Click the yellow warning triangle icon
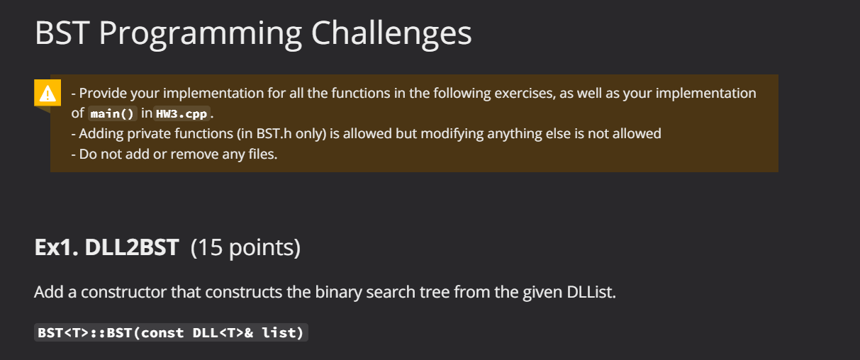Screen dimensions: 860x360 tap(48, 93)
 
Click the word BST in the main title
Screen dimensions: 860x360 tap(62, 33)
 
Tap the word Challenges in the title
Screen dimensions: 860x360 tap(391, 34)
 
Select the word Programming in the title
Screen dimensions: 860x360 tap(201, 35)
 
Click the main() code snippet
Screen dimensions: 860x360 tap(113, 113)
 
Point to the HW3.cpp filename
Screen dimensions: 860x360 tap(182, 113)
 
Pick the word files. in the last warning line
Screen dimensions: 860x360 tap(263, 154)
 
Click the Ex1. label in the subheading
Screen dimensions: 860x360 tap(57, 247)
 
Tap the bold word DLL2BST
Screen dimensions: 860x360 tap(132, 247)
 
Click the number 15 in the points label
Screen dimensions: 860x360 tap(211, 247)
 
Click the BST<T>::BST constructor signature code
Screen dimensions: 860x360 tap(171, 332)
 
